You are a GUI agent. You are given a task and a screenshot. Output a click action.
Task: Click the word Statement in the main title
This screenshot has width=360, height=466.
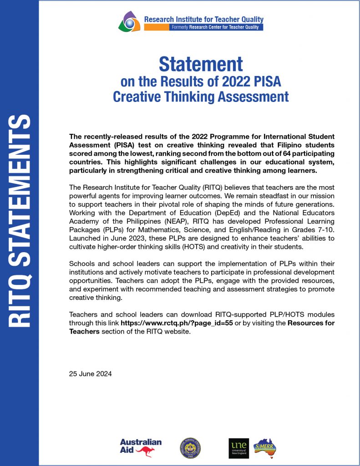[x=201, y=64]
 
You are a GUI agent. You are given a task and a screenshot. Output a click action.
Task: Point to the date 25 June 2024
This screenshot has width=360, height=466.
[x=90, y=374]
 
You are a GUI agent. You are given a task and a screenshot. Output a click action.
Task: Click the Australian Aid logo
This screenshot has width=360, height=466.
[x=141, y=447]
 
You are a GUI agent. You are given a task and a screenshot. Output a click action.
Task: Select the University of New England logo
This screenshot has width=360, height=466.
[x=239, y=448]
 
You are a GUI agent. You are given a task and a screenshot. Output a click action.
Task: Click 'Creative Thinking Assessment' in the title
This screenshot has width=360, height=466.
[x=201, y=96]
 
